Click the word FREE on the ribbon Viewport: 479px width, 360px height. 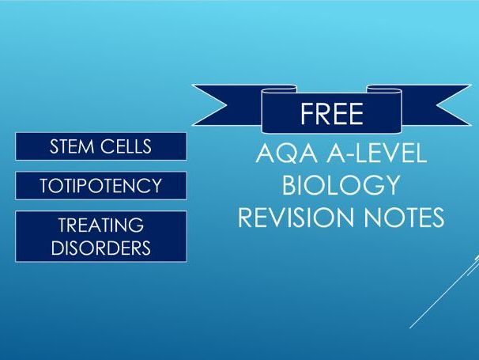[332, 113]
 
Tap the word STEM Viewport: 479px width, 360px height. [72, 146]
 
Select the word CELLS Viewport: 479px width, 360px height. [126, 146]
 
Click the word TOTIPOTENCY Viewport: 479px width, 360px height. [101, 185]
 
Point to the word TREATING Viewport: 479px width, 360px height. [101, 225]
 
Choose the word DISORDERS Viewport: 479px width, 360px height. [101, 248]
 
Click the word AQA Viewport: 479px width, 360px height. [287, 153]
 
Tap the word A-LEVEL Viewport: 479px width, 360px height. [376, 153]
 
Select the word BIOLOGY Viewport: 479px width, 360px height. [341, 184]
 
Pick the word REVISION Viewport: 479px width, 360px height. [296, 217]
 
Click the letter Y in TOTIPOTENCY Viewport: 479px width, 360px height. [155, 185]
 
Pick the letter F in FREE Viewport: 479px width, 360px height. [306, 113]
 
